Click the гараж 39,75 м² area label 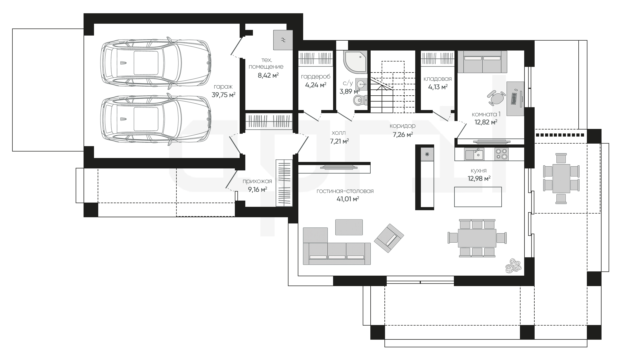[223, 91]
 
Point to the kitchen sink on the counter [475, 154]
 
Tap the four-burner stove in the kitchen [502, 154]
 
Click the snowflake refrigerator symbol [427, 154]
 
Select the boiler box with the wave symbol [283, 40]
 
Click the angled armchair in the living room [389, 238]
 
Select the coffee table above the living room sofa [349, 227]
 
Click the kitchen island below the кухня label [478, 197]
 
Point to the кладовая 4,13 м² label [438, 83]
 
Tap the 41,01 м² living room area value [348, 199]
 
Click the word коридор [403, 126]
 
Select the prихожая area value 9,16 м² [257, 189]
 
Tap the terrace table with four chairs [561, 179]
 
